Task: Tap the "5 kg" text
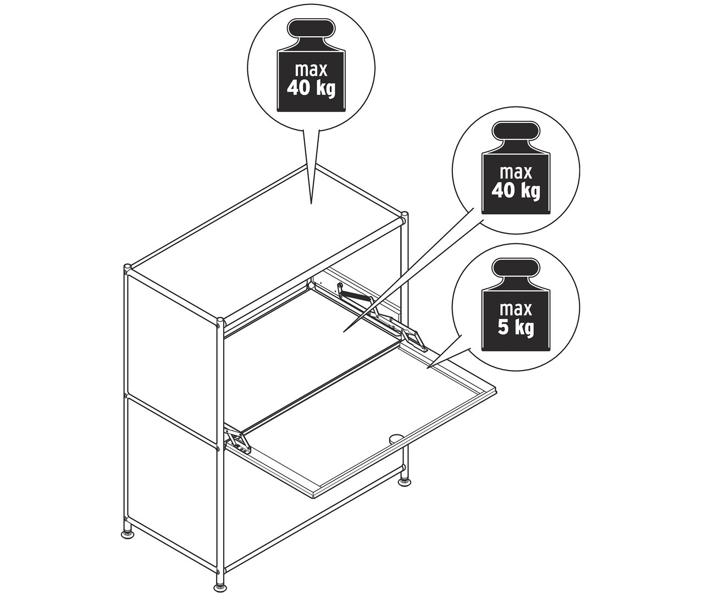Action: pyautogui.click(x=515, y=328)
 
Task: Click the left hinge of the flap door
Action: pyautogui.click(x=238, y=441)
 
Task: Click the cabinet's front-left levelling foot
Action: pyautogui.click(x=126, y=532)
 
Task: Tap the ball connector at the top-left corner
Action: pyautogui.click(x=127, y=269)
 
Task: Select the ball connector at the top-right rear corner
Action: pyautogui.click(x=405, y=215)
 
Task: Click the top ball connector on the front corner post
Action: pyautogui.click(x=220, y=321)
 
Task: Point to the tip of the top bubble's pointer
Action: pyautogui.click(x=312, y=204)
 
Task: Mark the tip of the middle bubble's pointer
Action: pyautogui.click(x=344, y=331)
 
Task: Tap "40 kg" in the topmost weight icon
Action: pyautogui.click(x=312, y=88)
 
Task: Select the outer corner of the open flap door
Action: pyautogui.click(x=497, y=390)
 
